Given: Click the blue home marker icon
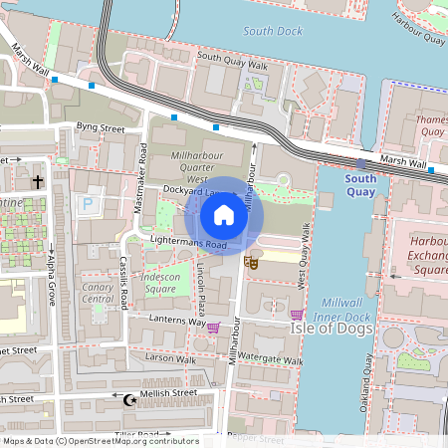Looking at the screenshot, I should tap(224, 215).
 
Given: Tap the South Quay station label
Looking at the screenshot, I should tap(360, 185).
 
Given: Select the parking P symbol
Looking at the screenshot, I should tap(88, 203).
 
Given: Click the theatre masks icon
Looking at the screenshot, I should tap(252, 262).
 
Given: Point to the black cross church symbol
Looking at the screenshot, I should tap(38, 182).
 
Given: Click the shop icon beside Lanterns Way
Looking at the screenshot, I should tap(212, 327).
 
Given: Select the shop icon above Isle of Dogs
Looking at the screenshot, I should tap(296, 315).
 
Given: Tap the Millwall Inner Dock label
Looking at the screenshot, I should tap(346, 309).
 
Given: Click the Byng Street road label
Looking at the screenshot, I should tap(100, 128).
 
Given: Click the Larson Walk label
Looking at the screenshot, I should tap(171, 357).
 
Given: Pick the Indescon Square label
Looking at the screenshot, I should tap(159, 282).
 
